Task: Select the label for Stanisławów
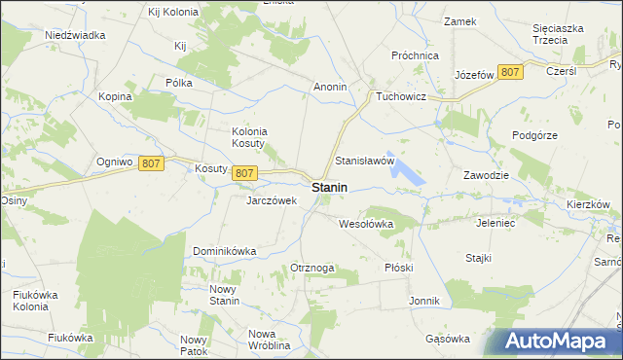click(x=364, y=160)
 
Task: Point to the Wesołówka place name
click(x=365, y=223)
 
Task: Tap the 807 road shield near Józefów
click(x=510, y=72)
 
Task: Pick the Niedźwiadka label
click(x=75, y=34)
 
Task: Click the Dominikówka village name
click(x=224, y=250)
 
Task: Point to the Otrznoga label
click(x=312, y=268)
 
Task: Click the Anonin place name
click(x=330, y=87)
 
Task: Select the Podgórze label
click(x=535, y=135)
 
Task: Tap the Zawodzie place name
click(x=487, y=175)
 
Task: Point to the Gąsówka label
click(x=448, y=339)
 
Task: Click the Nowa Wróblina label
click(x=270, y=340)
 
